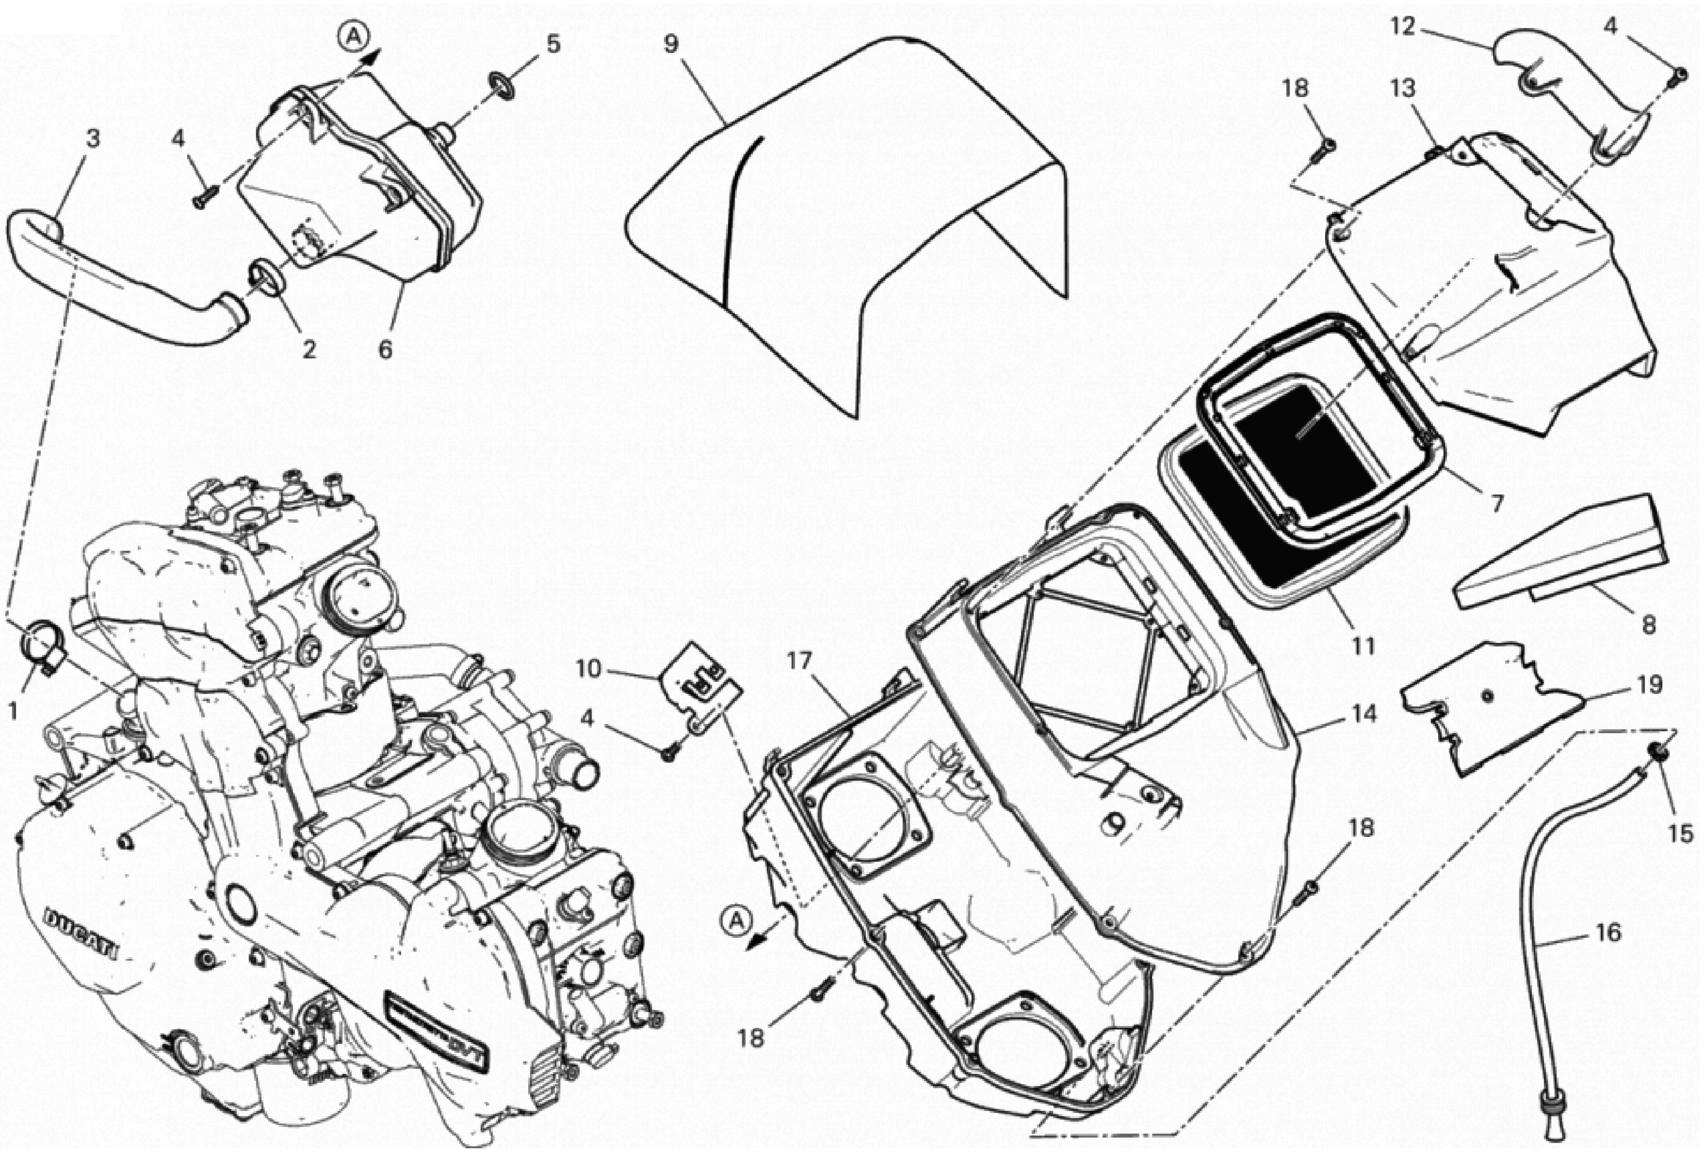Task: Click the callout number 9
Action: (x=671, y=44)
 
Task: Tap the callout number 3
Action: (x=92, y=139)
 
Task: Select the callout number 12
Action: (x=1402, y=27)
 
